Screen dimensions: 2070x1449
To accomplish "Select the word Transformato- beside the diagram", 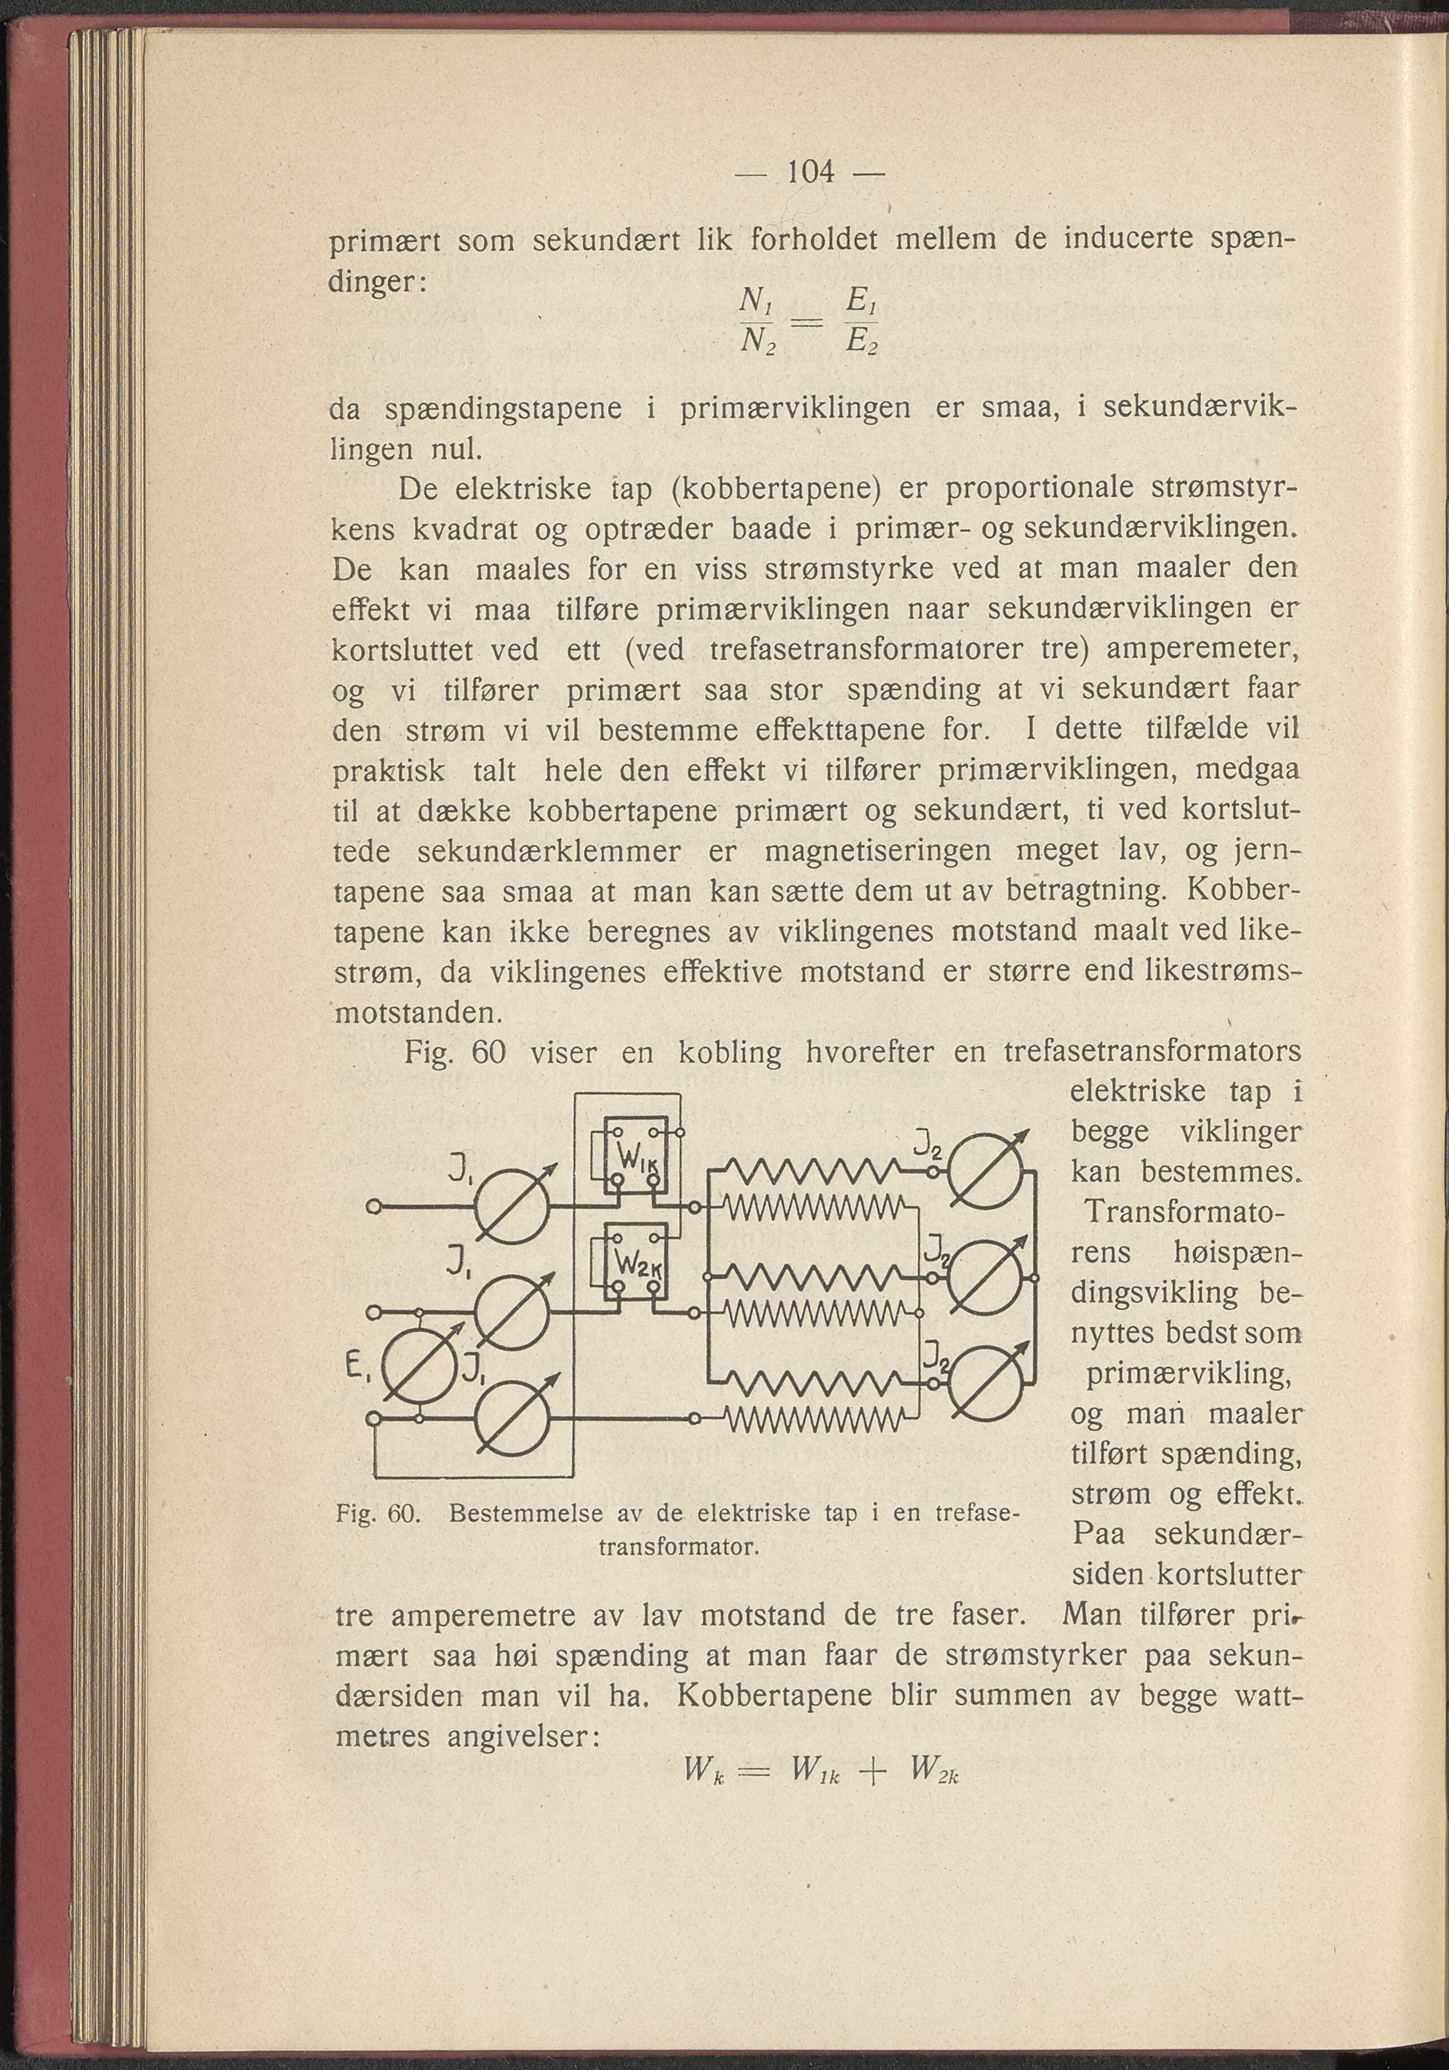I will point(1185,1211).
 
